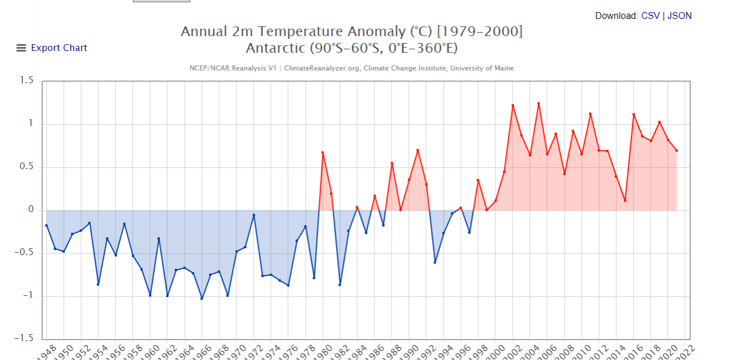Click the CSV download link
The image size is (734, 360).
tap(650, 15)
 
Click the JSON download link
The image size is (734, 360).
tap(680, 15)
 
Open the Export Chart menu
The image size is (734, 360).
tap(58, 48)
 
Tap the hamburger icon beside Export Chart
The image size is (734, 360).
tap(21, 48)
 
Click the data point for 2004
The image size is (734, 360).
tap(538, 104)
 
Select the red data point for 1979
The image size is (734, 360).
tap(323, 152)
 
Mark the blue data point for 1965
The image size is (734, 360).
tap(202, 299)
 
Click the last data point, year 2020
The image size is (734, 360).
tap(677, 151)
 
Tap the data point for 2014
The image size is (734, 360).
tap(625, 200)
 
